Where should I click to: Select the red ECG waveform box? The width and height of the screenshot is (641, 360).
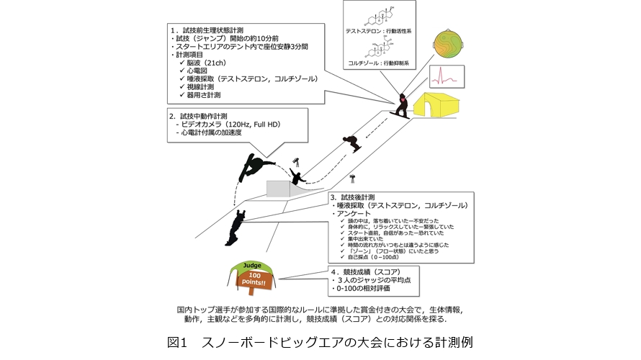(x=444, y=75)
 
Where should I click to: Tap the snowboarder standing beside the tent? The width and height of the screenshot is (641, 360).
(x=400, y=106)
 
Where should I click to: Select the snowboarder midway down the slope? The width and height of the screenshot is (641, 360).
(x=351, y=143)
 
